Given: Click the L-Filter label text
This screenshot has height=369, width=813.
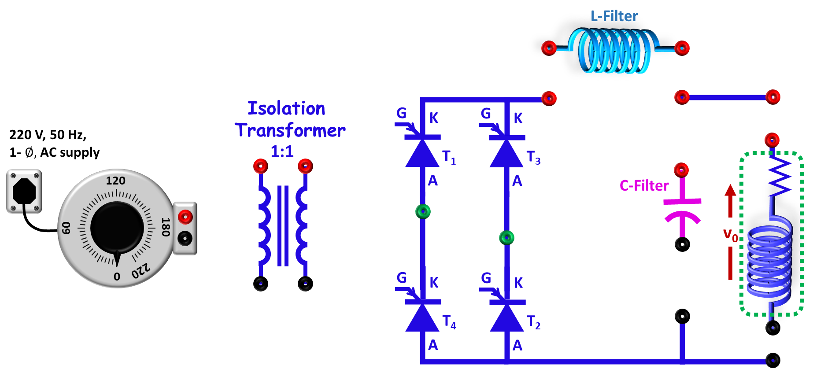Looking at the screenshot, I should [x=614, y=16].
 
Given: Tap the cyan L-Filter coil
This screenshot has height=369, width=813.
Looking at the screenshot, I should [x=615, y=51].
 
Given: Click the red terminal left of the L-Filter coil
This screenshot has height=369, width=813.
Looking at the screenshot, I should [x=549, y=48].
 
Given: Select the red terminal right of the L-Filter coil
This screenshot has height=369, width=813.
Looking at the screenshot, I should [x=682, y=48].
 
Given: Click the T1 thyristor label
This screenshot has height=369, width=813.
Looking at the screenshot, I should [x=449, y=157].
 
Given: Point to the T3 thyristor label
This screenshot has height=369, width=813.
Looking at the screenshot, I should [x=533, y=157].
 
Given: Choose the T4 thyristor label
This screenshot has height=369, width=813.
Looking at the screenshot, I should [x=449, y=322].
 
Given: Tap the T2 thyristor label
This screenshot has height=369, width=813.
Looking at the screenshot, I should [x=533, y=322].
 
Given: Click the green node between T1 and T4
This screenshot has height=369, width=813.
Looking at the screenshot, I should [x=423, y=211].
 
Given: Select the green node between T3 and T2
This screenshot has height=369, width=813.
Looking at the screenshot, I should [x=506, y=238].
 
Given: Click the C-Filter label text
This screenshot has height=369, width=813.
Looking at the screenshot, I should [x=644, y=186].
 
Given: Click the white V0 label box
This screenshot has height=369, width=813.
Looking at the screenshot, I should [x=730, y=232].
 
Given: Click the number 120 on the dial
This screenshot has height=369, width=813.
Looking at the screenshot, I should [x=116, y=181].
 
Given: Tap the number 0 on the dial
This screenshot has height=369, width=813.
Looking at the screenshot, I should [x=117, y=277].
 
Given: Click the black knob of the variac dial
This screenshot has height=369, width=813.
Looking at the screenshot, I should [x=117, y=228].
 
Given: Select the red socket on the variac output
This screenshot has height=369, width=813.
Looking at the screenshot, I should [x=185, y=217].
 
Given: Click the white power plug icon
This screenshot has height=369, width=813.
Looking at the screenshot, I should [x=24, y=192].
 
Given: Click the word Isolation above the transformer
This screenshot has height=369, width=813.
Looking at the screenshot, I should [x=286, y=109].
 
